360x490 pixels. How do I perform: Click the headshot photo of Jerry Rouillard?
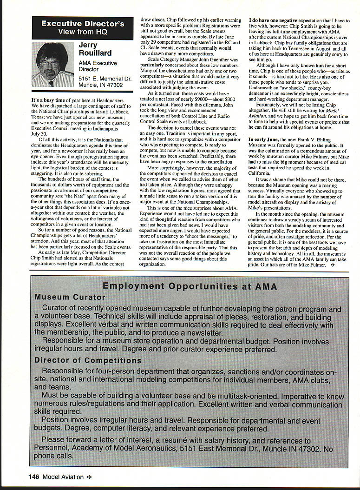point(52,65)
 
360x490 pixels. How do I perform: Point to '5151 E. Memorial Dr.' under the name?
point(105,79)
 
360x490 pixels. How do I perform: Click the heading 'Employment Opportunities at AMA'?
point(190,286)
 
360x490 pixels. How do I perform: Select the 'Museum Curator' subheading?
point(70,297)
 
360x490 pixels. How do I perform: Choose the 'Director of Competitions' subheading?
point(88,360)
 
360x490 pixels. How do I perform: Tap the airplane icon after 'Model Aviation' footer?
point(90,477)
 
